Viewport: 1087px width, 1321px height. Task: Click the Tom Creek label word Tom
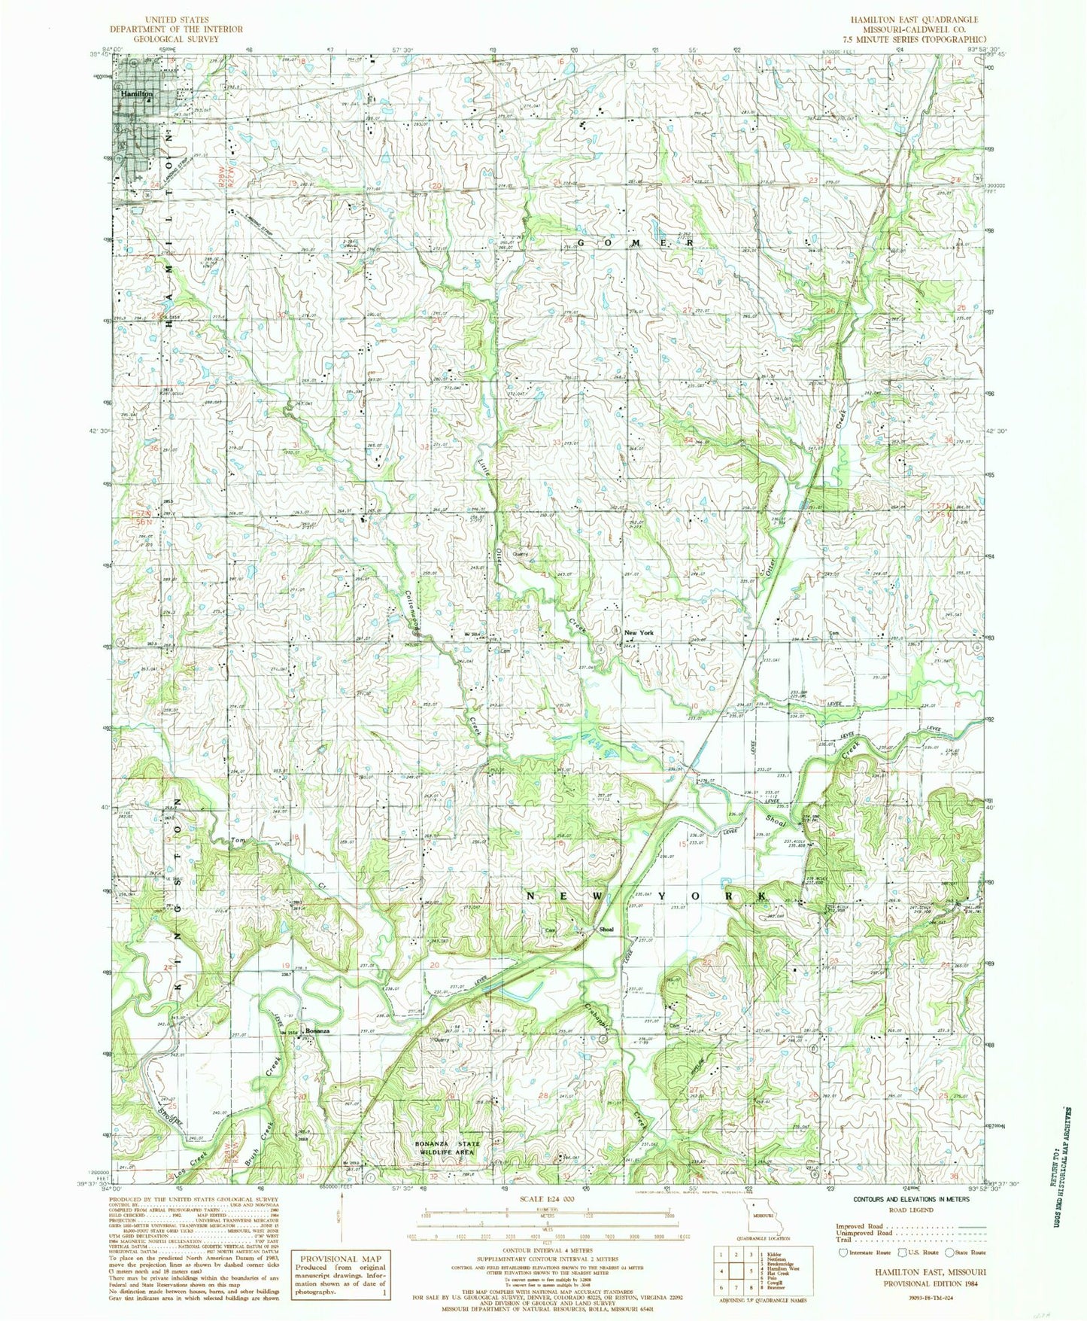(x=238, y=840)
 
